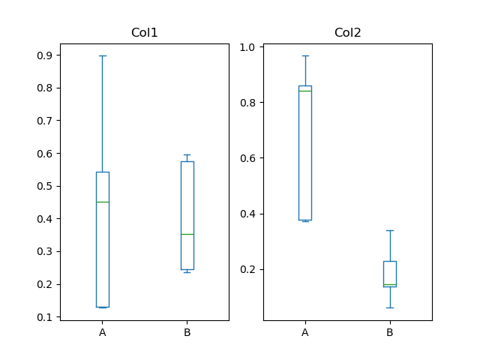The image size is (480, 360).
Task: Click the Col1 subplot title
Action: [144, 33]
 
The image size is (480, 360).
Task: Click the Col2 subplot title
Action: [347, 33]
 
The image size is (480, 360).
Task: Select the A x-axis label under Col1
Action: [103, 332]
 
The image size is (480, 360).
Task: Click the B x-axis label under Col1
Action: [187, 332]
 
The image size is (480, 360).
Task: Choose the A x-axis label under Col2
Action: [305, 332]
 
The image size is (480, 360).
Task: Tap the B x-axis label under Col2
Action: [389, 332]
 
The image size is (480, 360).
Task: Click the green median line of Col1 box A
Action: [103, 202]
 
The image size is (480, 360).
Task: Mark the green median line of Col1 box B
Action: [187, 234]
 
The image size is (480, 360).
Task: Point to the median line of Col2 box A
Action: [305, 91]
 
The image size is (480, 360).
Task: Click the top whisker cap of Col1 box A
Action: [103, 55]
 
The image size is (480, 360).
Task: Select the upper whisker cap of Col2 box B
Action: [389, 230]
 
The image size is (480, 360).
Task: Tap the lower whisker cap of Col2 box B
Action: [389, 307]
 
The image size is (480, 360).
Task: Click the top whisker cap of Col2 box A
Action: [305, 55]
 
